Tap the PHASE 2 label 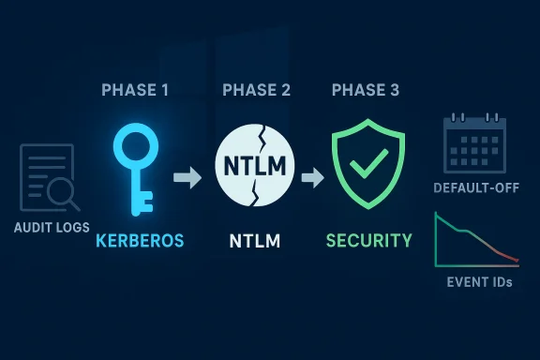click(256, 90)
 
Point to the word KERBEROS click(140, 241)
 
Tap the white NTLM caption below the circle click(256, 241)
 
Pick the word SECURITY click(368, 241)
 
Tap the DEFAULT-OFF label click(473, 188)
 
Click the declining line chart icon click(475, 241)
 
